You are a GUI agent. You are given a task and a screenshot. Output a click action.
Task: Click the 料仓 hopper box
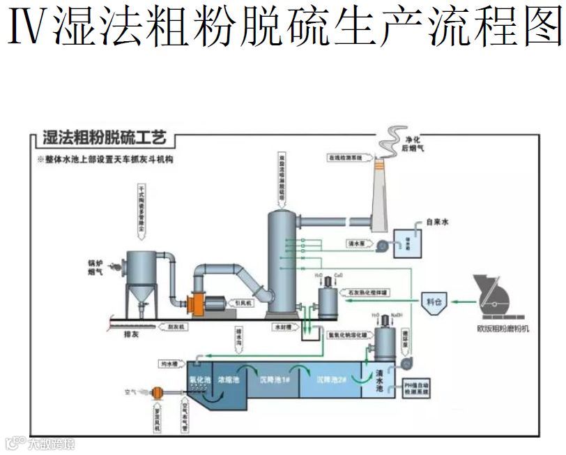point(434,301)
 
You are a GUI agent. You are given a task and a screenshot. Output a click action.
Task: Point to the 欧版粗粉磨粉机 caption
point(503,327)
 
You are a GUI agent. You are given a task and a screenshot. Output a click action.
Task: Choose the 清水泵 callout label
point(356,244)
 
